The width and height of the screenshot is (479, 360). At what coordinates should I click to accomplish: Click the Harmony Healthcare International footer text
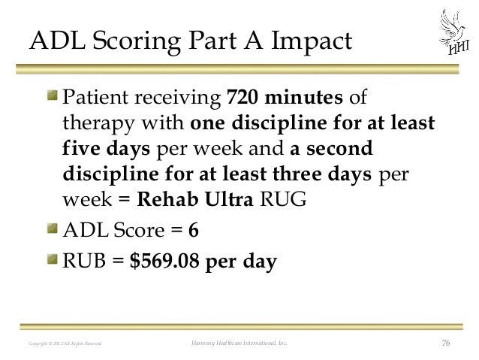coord(239,344)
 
